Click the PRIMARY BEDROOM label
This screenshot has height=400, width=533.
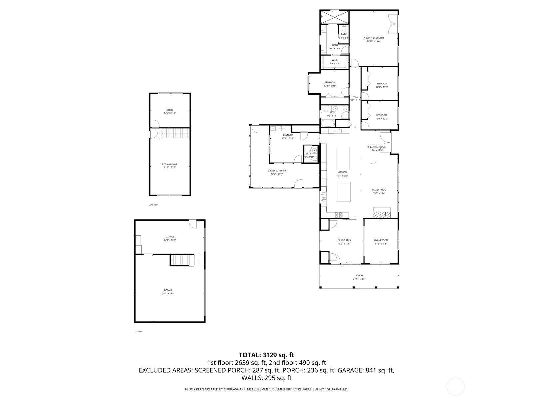[373, 38]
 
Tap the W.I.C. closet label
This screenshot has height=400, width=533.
[335, 60]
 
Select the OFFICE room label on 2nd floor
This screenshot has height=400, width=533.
[170, 110]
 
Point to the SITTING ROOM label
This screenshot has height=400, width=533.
[169, 164]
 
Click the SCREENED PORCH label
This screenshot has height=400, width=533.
[277, 171]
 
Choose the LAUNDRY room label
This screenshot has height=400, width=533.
[288, 135]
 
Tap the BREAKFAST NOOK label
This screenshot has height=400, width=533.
[376, 147]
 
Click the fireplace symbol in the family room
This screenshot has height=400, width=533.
[382, 212]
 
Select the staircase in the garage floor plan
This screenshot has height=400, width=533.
[182, 260]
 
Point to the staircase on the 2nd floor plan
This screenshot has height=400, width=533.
[175, 134]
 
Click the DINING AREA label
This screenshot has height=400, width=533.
[344, 240]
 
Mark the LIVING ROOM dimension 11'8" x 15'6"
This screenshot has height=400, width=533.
[381, 244]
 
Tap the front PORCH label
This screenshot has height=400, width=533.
[359, 275]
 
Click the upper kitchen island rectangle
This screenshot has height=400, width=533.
[343, 158]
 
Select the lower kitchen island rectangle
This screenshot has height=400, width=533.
[343, 192]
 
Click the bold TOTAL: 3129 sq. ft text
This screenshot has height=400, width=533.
[266, 355]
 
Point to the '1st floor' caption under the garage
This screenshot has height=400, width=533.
[138, 331]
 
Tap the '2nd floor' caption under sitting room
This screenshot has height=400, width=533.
[154, 205]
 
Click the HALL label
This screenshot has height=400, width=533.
[355, 97]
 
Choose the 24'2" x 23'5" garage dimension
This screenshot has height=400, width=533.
[169, 293]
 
